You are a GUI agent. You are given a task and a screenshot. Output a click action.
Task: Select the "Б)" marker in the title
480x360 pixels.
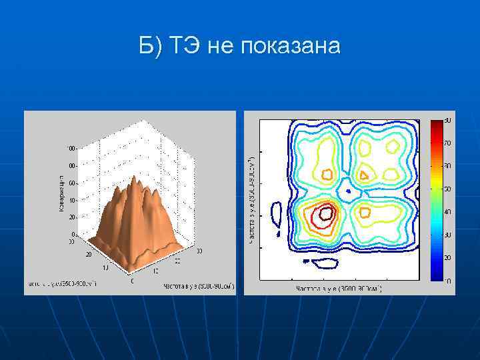(150, 47)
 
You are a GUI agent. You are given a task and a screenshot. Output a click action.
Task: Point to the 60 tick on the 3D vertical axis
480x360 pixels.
(71, 183)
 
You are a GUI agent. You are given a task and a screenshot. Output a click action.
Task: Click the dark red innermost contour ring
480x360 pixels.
(326, 213)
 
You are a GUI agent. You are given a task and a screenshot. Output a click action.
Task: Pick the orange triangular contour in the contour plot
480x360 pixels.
(364, 174)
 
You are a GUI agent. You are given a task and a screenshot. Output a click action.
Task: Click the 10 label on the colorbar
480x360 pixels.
(447, 281)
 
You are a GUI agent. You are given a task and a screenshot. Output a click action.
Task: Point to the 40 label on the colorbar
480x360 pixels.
(447, 211)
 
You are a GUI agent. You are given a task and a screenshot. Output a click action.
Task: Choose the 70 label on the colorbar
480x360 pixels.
(447, 143)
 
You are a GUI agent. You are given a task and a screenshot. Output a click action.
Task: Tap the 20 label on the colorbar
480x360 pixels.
(447, 257)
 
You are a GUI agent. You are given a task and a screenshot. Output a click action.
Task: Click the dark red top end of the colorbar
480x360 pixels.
(435, 123)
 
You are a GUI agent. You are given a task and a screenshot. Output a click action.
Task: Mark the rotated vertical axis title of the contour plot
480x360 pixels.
(251, 200)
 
